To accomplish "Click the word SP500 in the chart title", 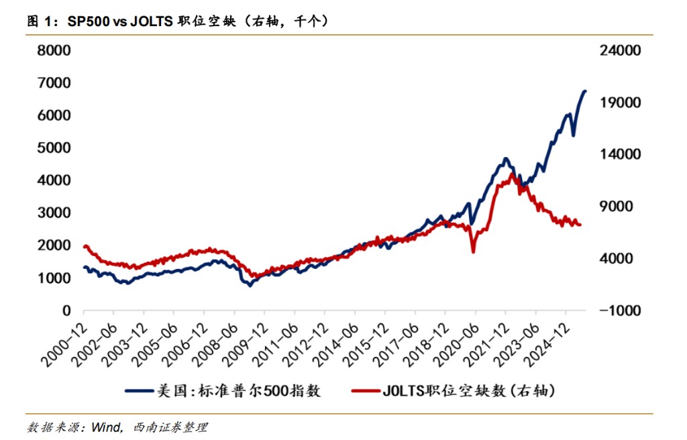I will coord(87,21).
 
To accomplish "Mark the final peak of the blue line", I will coord(584,91).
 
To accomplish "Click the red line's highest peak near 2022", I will coord(512,174).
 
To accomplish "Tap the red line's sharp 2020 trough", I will coord(473,252).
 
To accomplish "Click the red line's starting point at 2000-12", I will coord(84,246).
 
